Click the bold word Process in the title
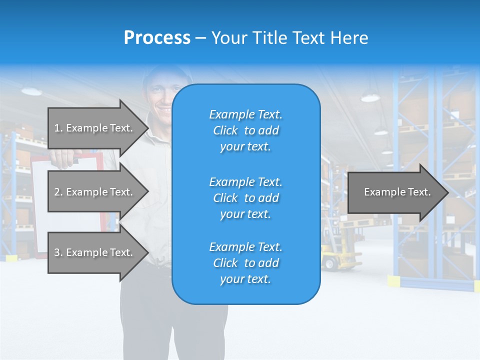(157, 38)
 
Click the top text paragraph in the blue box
(245, 130)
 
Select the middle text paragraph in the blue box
(245, 198)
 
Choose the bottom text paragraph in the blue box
(245, 263)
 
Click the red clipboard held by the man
(40, 200)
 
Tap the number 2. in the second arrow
(58, 192)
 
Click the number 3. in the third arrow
(58, 252)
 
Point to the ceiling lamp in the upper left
(31, 91)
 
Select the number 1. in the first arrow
(58, 128)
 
